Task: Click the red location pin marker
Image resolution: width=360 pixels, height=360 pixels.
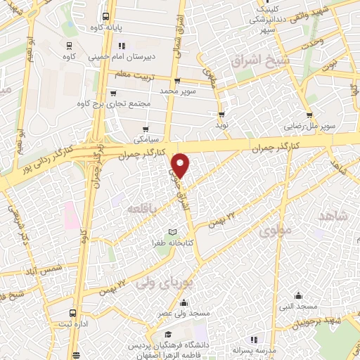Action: point(181,164)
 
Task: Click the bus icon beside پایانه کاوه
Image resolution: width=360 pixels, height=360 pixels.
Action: point(106,17)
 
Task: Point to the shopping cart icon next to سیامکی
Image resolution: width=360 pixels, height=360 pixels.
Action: point(146,129)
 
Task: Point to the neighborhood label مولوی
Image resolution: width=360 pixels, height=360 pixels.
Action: point(273,230)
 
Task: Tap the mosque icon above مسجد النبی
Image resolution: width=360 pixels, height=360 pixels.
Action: point(300,295)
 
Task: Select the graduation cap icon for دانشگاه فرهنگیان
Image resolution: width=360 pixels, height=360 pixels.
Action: point(168,335)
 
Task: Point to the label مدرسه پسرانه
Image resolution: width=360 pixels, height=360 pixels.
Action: point(256,349)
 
